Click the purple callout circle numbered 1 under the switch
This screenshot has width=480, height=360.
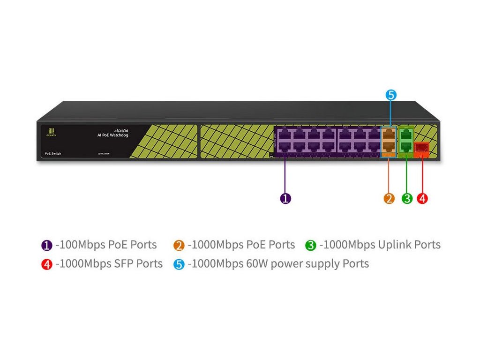pyautogui.click(x=285, y=198)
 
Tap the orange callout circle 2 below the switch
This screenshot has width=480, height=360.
pyautogui.click(x=389, y=198)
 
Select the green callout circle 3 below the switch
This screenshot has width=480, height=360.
pyautogui.click(x=407, y=198)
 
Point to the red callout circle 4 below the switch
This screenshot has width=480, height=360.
pyautogui.click(x=422, y=198)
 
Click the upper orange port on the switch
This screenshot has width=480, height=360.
pyautogui.click(x=389, y=135)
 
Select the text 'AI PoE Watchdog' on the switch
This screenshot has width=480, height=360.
pyautogui.click(x=112, y=135)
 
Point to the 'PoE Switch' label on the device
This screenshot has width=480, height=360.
pyautogui.click(x=52, y=154)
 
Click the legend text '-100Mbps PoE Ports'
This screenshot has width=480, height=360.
pyautogui.click(x=106, y=245)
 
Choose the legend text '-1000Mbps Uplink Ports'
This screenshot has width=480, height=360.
pyautogui.click(x=380, y=245)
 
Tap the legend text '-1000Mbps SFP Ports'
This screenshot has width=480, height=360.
pyautogui.click(x=109, y=264)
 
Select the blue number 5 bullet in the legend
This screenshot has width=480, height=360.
pyautogui.click(x=179, y=264)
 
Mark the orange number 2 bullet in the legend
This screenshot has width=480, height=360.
pyautogui.click(x=179, y=245)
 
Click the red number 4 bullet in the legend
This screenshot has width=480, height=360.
pyautogui.click(x=46, y=264)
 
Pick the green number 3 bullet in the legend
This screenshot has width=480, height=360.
pyautogui.click(x=310, y=245)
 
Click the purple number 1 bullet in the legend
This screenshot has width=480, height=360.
pyautogui.click(x=46, y=245)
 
